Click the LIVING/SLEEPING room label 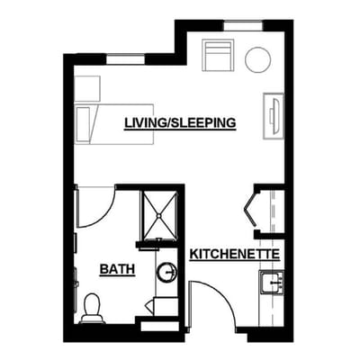pyautogui.click(x=180, y=121)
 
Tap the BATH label pyautogui.click(x=116, y=268)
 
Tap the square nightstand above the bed pyautogui.click(x=86, y=88)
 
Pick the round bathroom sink pyautogui.click(x=166, y=271)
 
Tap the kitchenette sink pyautogui.click(x=272, y=283)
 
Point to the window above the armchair pyautogui.click(x=243, y=27)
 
